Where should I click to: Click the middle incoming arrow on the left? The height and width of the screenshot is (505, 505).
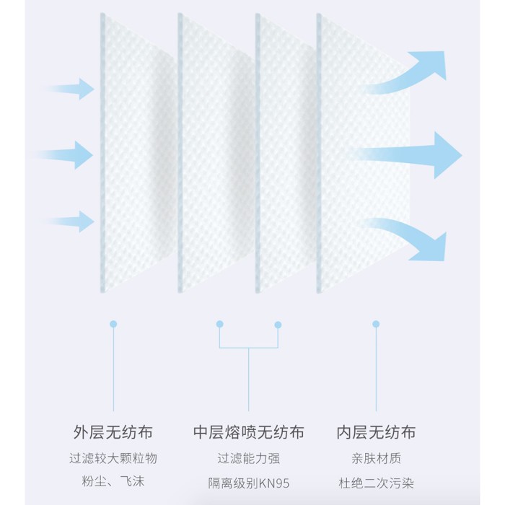point(69,154)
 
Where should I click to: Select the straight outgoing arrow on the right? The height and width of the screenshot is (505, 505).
point(411,154)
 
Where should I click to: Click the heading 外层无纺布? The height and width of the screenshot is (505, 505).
point(113,433)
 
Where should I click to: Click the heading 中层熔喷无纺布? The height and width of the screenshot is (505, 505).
point(249,433)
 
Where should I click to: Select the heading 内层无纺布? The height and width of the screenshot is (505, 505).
point(376,433)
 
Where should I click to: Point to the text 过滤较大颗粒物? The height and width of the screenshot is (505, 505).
point(113,458)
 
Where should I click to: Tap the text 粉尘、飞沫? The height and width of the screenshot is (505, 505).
point(113,482)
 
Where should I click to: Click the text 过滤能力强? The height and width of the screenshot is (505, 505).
point(249,458)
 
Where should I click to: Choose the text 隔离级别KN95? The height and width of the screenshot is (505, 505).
point(249,482)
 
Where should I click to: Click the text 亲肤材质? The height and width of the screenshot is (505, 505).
point(376,458)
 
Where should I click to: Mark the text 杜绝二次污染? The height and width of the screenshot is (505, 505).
point(376,482)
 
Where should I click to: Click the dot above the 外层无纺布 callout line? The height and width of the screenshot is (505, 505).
point(113,325)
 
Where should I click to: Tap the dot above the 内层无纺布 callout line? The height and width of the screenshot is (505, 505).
point(376,325)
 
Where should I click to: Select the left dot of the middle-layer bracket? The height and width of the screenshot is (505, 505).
point(220,325)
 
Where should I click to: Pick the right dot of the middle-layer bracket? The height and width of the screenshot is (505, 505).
point(278,325)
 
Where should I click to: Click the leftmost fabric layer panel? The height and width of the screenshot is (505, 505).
point(137,151)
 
